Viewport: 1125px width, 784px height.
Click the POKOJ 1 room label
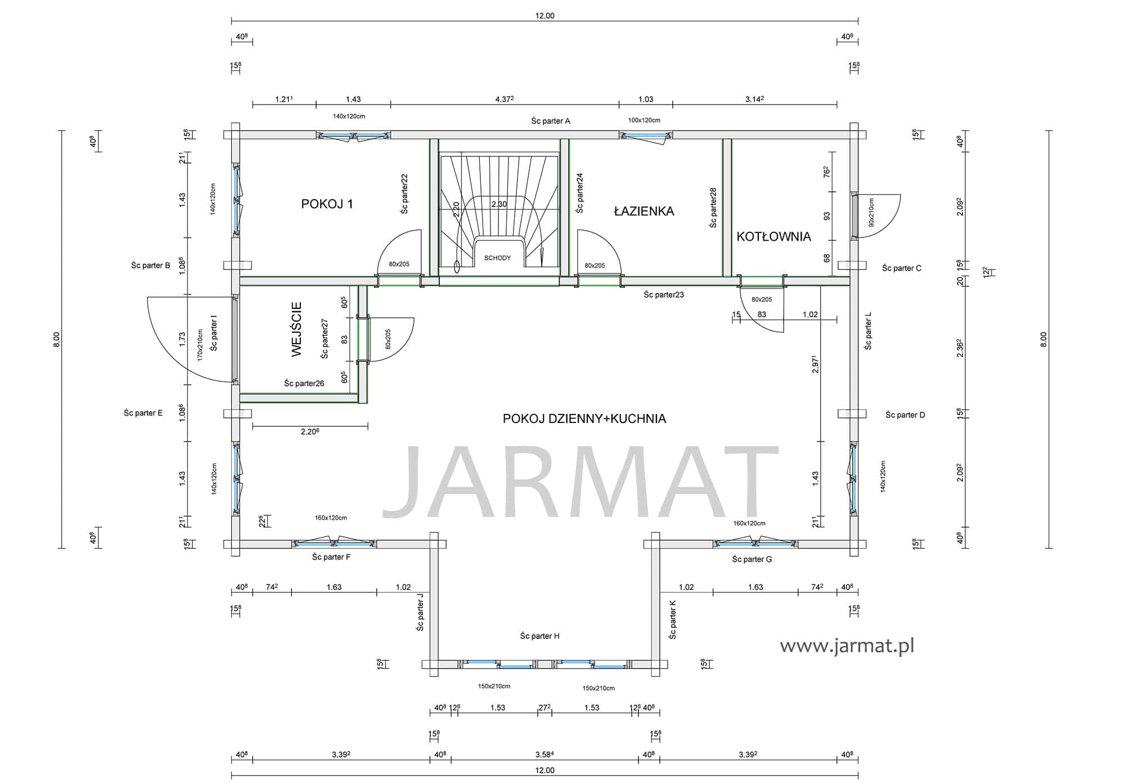[327, 204]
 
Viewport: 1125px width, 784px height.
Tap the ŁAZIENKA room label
[643, 211]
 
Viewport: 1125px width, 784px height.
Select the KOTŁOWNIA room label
[773, 236]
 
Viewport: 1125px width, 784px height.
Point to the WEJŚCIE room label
[297, 329]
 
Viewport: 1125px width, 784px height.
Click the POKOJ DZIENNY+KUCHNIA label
[584, 418]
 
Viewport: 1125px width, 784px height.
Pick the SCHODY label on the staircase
[497, 258]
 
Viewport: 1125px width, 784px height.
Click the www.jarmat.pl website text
[847, 646]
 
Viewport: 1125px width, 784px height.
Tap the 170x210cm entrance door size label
[200, 345]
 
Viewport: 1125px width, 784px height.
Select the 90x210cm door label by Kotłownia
[871, 213]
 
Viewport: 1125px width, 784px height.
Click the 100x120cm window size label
[644, 120]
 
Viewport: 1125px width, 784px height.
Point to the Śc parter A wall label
[551, 120]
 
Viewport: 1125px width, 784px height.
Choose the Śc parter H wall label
[539, 636]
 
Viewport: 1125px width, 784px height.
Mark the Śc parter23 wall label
[664, 294]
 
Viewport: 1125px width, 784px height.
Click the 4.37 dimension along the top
[505, 99]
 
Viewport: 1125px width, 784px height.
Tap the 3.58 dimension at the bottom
[544, 754]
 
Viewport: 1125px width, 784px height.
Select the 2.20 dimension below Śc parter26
[310, 431]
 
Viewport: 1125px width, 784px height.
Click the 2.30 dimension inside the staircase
[499, 204]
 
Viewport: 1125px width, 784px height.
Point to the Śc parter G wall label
[752, 559]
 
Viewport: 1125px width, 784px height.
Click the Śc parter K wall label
[673, 619]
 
